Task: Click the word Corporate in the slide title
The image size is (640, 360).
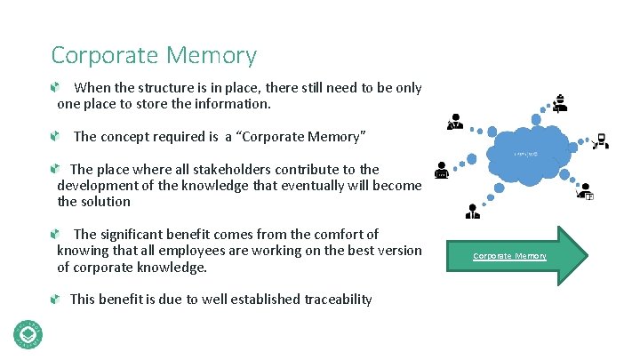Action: pyautogui.click(x=100, y=55)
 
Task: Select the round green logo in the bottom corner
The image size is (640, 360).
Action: pyautogui.click(x=27, y=333)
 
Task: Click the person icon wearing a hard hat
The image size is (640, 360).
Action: pyautogui.click(x=559, y=103)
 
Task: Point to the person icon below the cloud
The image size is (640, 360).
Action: pyautogui.click(x=473, y=210)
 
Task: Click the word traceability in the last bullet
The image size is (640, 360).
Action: pyautogui.click(x=332, y=299)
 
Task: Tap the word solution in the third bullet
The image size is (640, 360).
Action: pyautogui.click(x=105, y=202)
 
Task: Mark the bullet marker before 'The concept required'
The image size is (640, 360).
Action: pyautogui.click(x=55, y=137)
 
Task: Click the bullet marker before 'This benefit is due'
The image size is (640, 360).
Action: pyautogui.click(x=55, y=299)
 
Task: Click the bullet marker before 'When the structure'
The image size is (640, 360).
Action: pyautogui.click(x=55, y=88)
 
